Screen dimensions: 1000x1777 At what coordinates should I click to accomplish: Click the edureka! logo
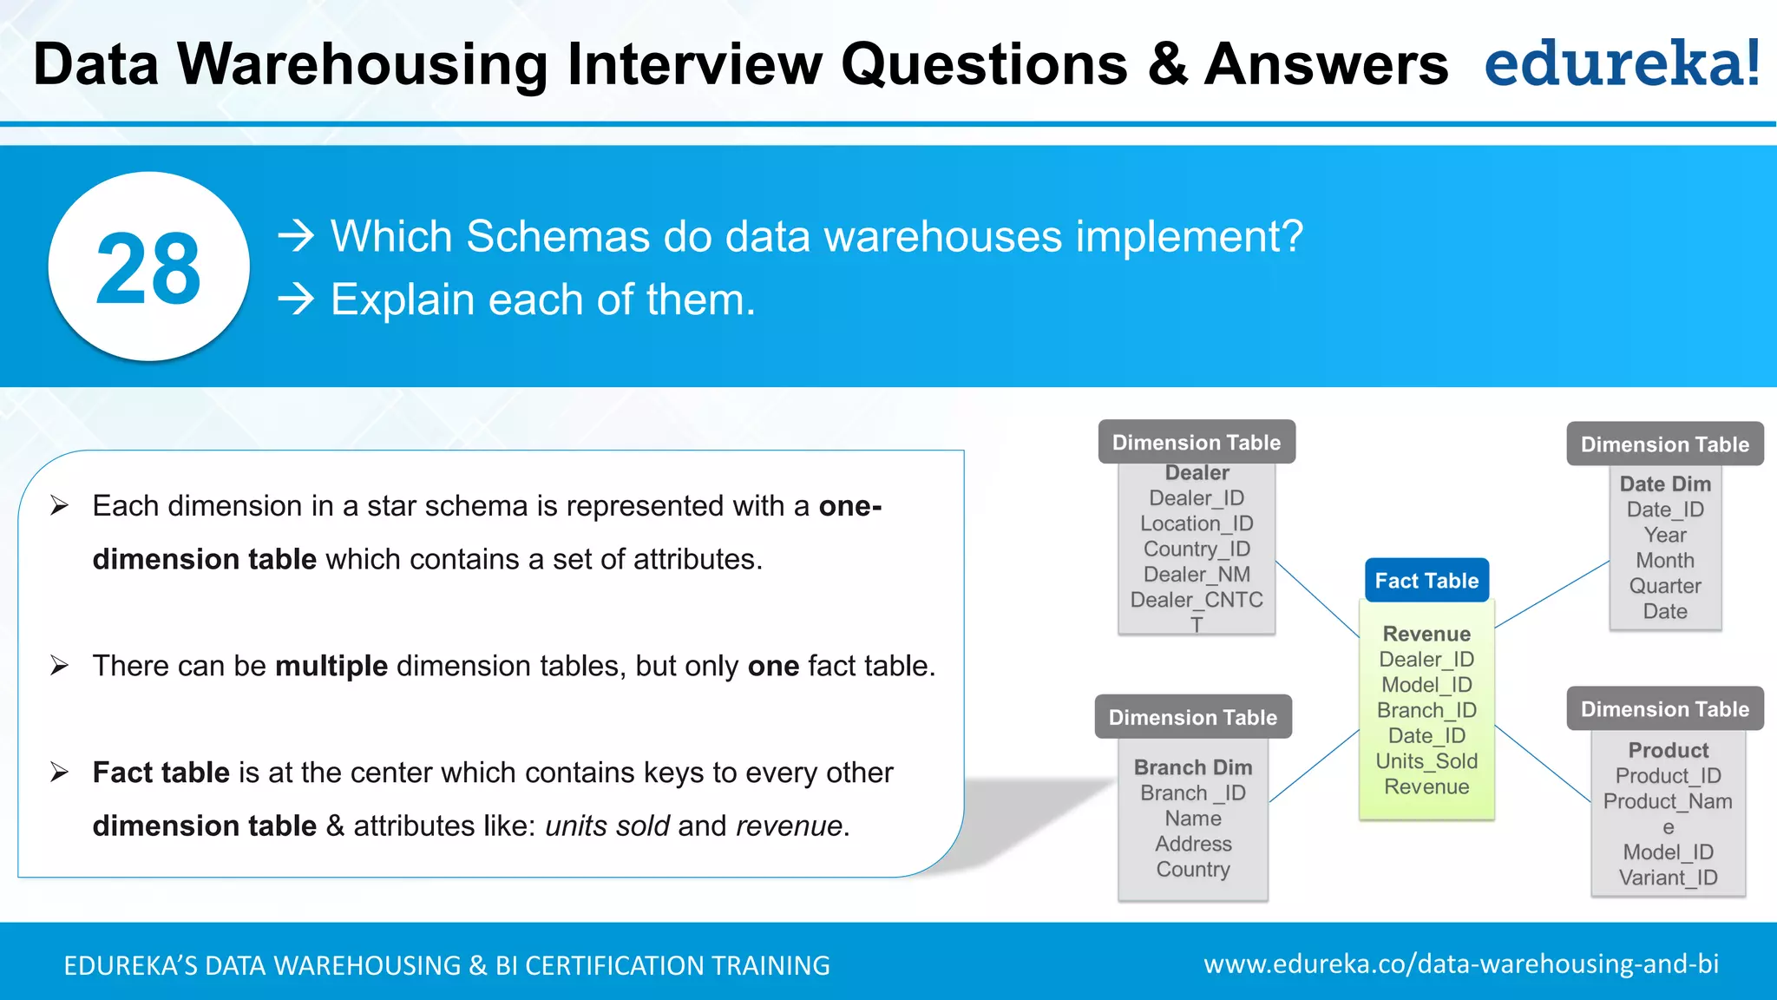click(1621, 63)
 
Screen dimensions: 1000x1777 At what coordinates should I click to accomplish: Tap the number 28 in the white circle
click(148, 269)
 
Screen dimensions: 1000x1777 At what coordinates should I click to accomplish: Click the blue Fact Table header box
click(1426, 581)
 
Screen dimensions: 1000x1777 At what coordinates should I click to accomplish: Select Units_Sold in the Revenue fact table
click(1426, 761)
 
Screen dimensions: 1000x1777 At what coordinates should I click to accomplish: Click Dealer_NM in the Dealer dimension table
click(1197, 575)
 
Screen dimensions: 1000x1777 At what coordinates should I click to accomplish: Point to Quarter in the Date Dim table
click(1664, 586)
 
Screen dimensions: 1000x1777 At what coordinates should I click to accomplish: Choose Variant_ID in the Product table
click(1668, 878)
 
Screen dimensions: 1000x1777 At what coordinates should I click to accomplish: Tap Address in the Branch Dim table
click(1193, 844)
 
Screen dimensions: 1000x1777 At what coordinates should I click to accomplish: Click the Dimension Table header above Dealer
click(1196, 443)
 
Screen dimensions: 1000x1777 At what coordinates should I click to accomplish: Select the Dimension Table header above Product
click(1664, 709)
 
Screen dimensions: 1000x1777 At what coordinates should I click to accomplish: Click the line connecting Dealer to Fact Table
click(1317, 599)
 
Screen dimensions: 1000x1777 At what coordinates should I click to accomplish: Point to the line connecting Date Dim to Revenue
click(1553, 594)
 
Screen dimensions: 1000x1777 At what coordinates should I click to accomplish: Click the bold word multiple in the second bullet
click(331, 666)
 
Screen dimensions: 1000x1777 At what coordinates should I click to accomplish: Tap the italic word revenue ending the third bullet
click(789, 826)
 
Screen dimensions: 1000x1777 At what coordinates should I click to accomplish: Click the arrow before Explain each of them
click(296, 299)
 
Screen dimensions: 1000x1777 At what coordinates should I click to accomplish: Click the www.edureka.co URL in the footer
click(1460, 964)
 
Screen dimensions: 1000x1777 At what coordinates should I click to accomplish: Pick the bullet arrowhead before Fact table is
click(59, 772)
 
